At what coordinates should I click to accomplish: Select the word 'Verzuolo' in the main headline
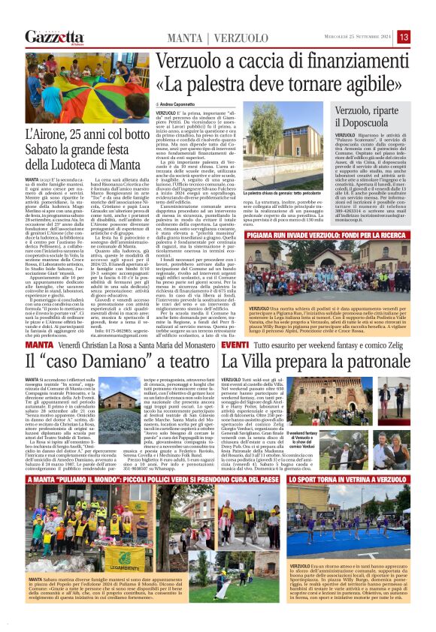click(196, 61)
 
